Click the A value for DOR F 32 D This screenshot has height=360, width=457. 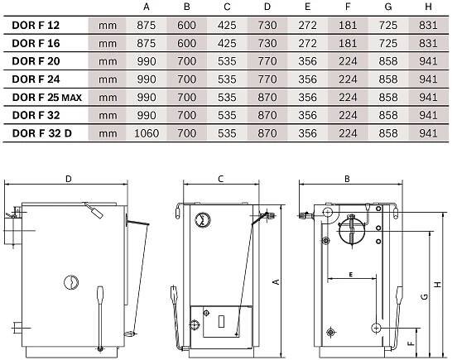point(147,133)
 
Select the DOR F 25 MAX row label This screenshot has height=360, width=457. point(47,98)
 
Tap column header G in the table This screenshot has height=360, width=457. point(388,7)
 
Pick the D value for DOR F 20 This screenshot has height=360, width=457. point(267,61)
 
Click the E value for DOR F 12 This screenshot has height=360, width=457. point(307,26)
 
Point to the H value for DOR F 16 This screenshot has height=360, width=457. point(428,43)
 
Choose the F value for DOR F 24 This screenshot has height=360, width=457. point(348,79)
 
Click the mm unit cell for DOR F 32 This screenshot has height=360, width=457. point(108,116)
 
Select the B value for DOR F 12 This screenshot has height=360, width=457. point(186,26)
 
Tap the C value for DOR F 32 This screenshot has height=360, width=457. point(227,115)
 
